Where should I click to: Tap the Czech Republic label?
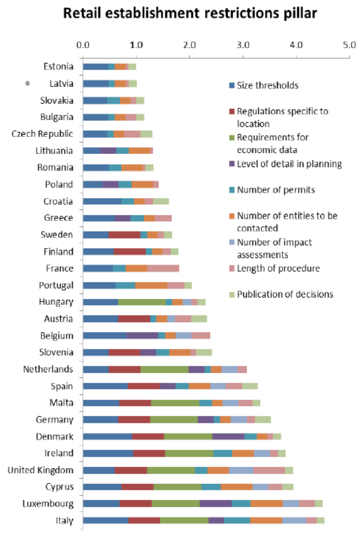[x=42, y=134]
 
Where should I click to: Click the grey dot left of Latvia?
[x=28, y=84]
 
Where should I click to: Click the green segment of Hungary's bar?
[x=142, y=302]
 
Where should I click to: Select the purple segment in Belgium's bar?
[x=142, y=336]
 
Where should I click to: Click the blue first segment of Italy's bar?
[x=106, y=520]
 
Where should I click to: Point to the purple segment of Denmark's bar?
[x=228, y=436]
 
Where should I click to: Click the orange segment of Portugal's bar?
[x=151, y=285]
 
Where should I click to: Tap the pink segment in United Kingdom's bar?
[x=269, y=470]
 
